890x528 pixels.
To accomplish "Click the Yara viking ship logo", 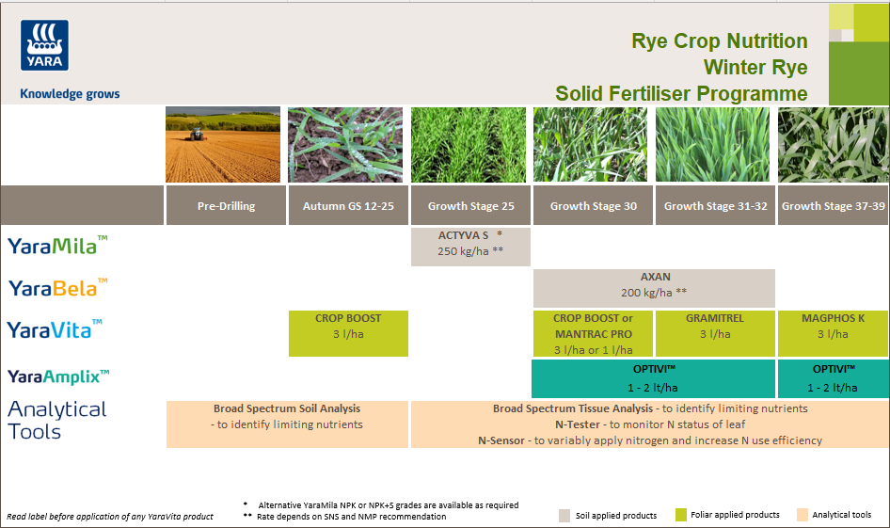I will pos(44,46).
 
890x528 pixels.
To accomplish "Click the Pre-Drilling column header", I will pos(227,206).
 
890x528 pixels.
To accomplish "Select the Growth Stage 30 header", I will pos(593,206).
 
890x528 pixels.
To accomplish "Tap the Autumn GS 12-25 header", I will pos(348,206).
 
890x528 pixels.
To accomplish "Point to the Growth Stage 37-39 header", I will pos(833,206).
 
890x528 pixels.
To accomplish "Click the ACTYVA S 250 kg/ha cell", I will pos(470,247).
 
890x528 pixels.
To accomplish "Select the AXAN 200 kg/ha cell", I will pos(654,288).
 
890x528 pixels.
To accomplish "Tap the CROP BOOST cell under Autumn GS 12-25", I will pos(348,333).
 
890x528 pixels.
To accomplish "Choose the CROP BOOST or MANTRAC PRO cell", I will pos(593,333).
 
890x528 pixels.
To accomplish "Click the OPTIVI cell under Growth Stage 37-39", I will pos(833,378).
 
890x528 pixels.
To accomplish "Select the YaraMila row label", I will pos(57,246).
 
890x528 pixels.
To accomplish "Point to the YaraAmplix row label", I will pos(58,376).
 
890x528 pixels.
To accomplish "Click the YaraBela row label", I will pos(57,287).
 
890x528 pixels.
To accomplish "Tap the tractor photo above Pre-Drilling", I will pos(223,144).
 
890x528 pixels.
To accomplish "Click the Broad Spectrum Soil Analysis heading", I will pos(287,408).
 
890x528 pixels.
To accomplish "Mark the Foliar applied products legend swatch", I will pos(681,515).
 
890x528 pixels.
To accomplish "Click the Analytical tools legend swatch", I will pos(802,515).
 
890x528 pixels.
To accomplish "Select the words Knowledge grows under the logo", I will pos(70,94).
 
